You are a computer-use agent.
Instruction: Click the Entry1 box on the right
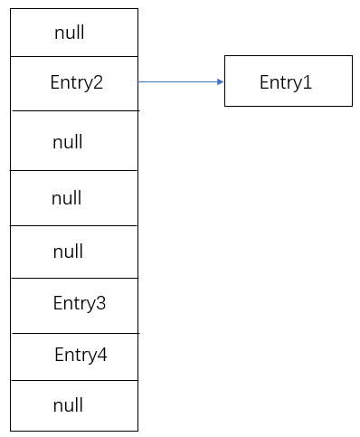(288, 81)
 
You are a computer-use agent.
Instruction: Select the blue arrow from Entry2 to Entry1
(181, 81)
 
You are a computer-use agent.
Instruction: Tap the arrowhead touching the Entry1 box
(220, 81)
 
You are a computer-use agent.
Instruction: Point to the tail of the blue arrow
(140, 81)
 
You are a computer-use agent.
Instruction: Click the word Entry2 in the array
(76, 82)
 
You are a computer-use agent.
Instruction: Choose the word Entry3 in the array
(79, 303)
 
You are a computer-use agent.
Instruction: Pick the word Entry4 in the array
(81, 355)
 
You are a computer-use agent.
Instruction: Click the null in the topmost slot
(69, 33)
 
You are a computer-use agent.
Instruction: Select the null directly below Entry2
(67, 142)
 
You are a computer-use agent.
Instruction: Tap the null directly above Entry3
(68, 252)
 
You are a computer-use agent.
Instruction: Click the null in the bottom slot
(67, 405)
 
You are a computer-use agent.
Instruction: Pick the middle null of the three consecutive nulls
(66, 197)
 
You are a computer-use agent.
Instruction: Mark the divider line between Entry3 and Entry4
(74, 333)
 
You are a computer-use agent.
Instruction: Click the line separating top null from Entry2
(74, 56)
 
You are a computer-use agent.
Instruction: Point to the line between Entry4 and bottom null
(74, 381)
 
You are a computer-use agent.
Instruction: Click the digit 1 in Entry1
(308, 82)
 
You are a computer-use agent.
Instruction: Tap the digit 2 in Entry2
(98, 82)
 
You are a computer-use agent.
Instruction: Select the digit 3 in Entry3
(100, 303)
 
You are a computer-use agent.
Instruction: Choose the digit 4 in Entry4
(102, 355)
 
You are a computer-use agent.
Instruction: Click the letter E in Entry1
(264, 82)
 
